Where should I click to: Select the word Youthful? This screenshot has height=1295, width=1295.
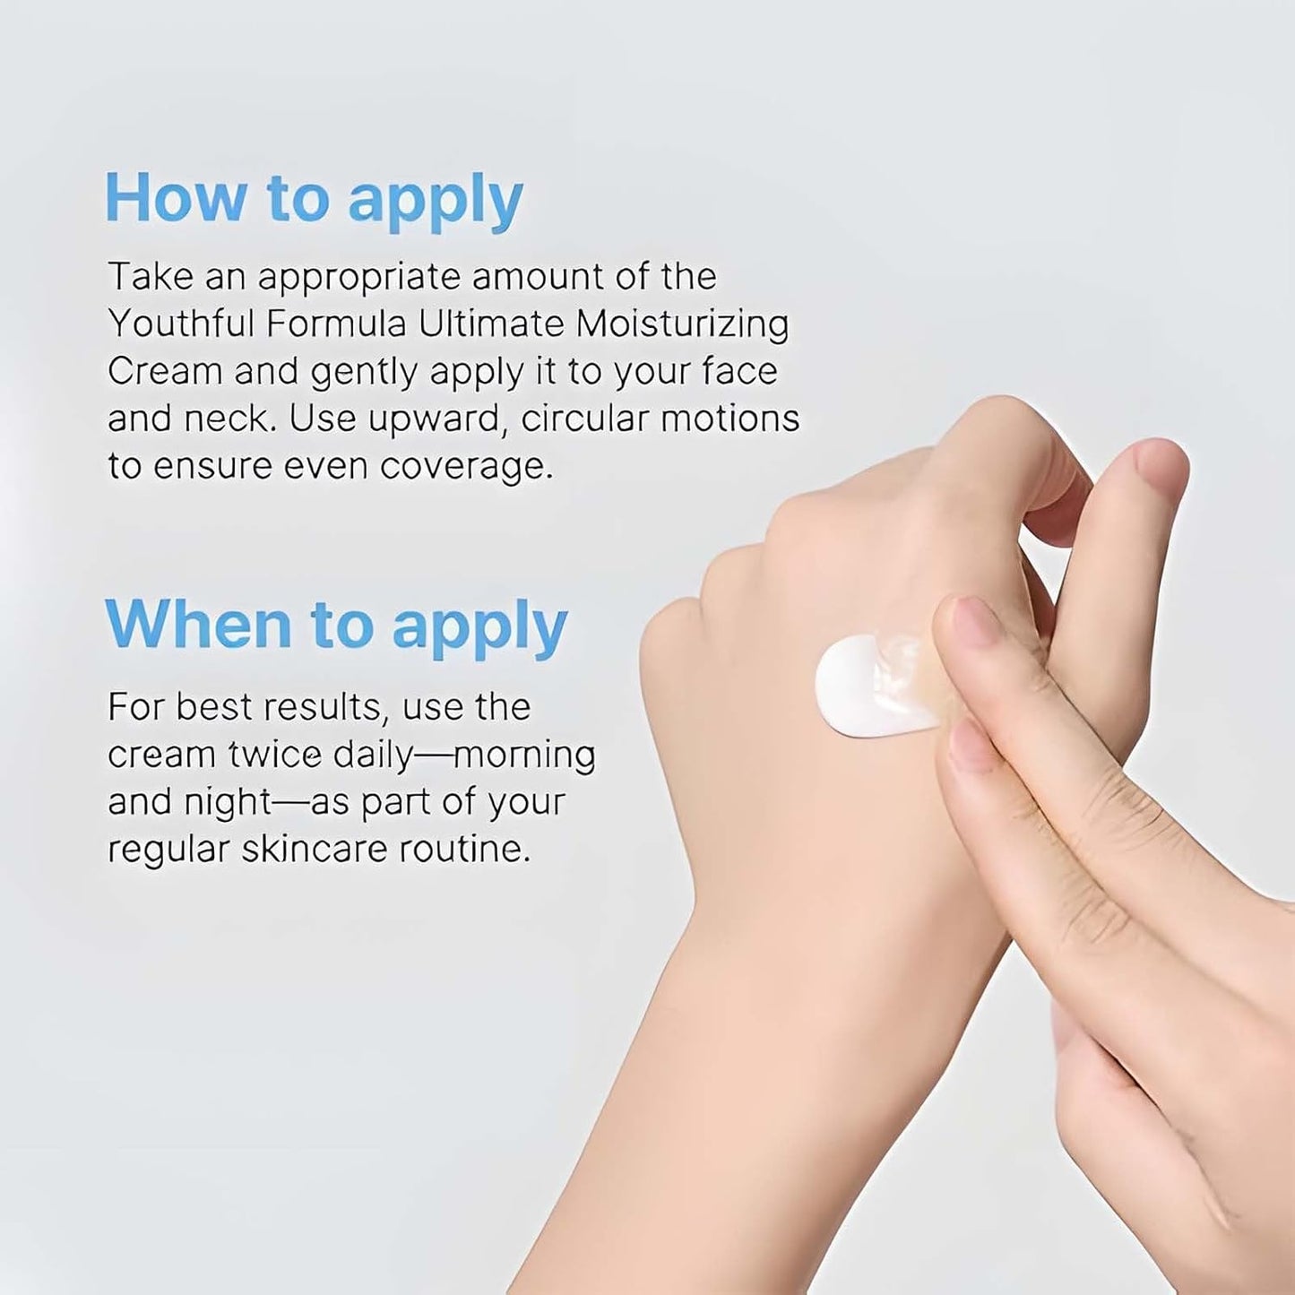(x=179, y=324)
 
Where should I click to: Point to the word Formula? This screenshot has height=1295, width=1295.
(x=336, y=324)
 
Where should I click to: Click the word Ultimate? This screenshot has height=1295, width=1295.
(x=490, y=324)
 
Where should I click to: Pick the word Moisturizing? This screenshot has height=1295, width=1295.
(x=682, y=324)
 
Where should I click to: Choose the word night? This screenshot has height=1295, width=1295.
(x=227, y=803)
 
